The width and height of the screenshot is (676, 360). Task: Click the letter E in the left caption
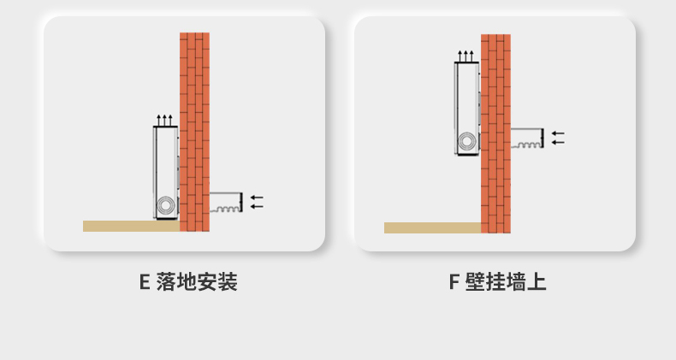145,282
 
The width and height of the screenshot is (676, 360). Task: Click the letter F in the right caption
454,282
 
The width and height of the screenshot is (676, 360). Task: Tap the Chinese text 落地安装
198,282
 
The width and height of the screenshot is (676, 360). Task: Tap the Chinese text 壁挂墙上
507,282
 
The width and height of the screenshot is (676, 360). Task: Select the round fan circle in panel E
165,205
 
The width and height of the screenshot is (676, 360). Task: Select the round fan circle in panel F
466,142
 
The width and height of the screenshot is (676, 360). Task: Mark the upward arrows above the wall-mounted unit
465,56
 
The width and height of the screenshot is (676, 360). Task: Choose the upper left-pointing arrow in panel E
257,198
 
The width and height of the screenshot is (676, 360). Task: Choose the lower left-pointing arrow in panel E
257,206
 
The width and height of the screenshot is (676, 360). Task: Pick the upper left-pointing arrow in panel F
558,133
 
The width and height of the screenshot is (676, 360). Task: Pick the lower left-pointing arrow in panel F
558,142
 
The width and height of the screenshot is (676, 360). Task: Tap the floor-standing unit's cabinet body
164,167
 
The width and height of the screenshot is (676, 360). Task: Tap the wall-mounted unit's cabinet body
465,98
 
